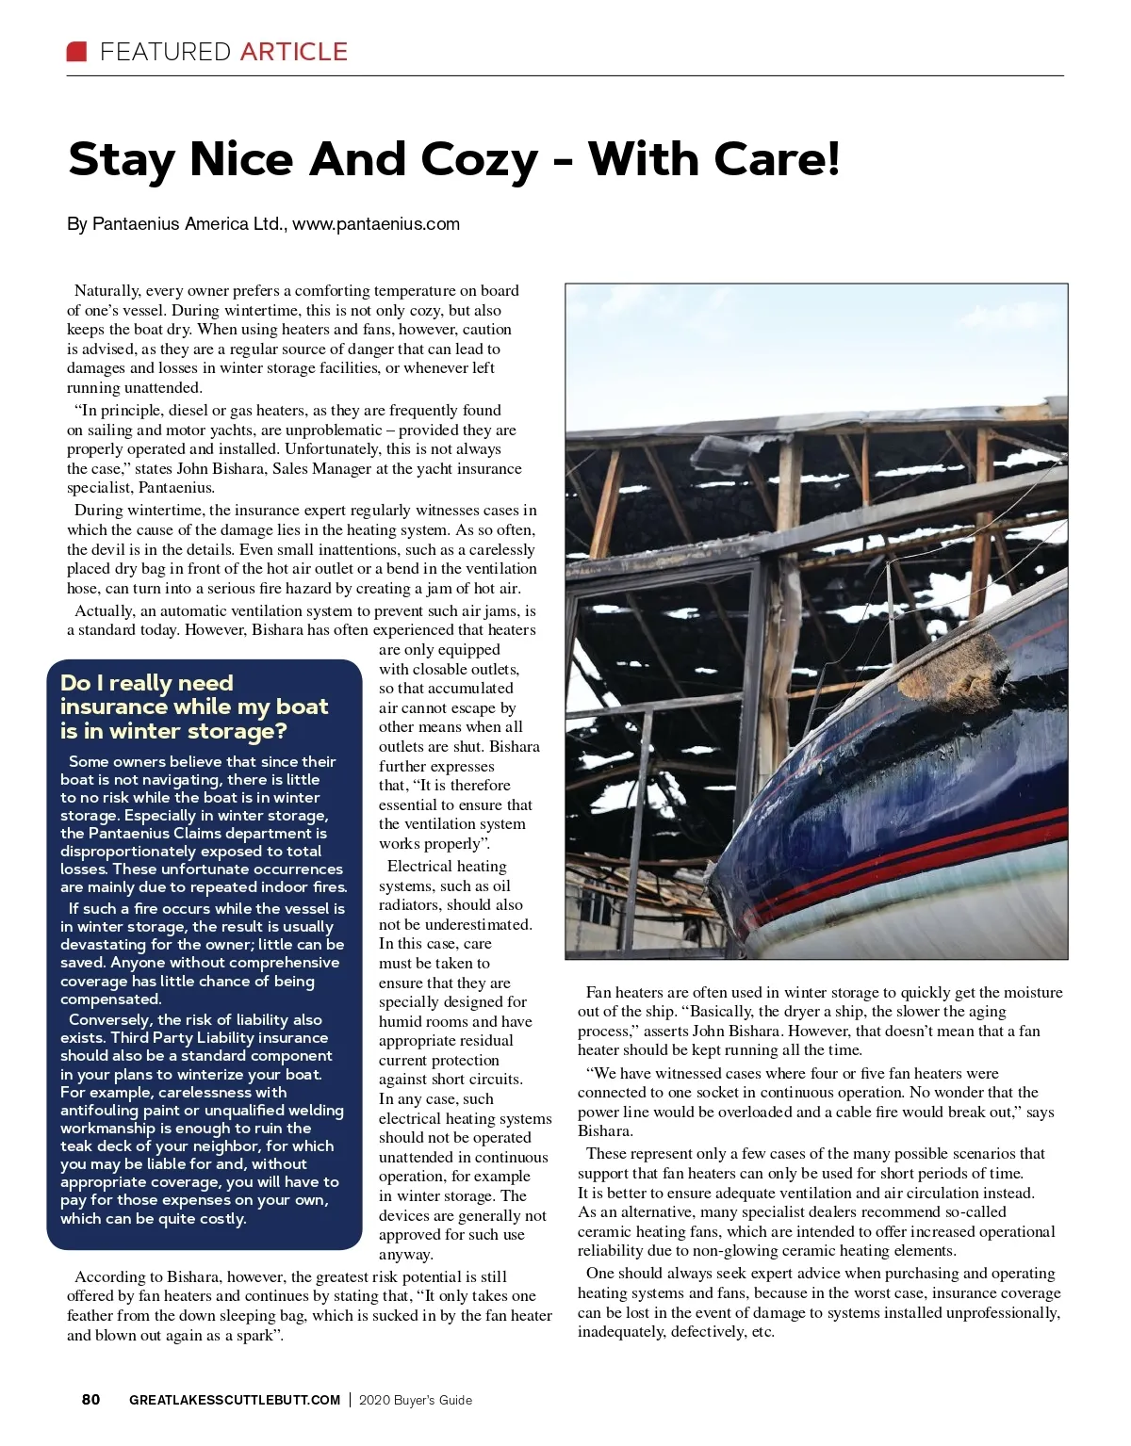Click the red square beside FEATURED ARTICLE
pos(76,51)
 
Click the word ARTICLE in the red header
pos(293,52)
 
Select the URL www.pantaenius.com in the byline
pos(376,224)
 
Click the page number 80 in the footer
pos(90,1400)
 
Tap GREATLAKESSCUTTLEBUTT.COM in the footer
pos(235,1400)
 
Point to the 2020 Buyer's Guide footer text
pos(416,1400)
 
